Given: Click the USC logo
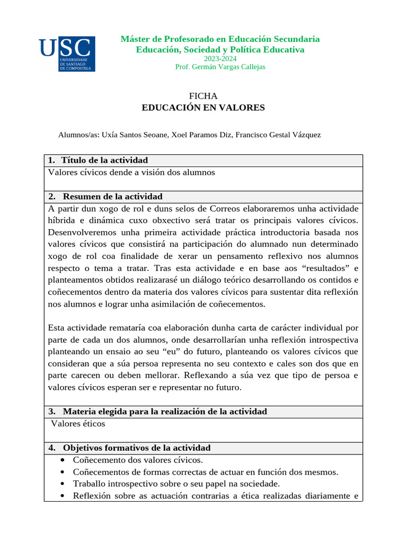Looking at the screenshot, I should click(67, 54).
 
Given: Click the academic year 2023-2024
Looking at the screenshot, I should click(220, 58).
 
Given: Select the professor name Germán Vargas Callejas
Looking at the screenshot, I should click(228, 67).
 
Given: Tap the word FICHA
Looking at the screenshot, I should click(203, 96).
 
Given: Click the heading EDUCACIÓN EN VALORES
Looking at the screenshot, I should click(203, 108).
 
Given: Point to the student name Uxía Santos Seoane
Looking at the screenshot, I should click(135, 135).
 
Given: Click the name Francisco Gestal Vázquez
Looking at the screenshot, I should click(278, 135).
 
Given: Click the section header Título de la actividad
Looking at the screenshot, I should click(104, 160).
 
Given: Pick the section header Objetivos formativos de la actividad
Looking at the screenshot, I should click(137, 448).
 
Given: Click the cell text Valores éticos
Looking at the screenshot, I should click(78, 424).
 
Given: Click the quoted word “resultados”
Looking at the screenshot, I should click(325, 268).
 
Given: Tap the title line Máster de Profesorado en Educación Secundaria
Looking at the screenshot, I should click(220, 39).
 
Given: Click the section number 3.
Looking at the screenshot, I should click(51, 411).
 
